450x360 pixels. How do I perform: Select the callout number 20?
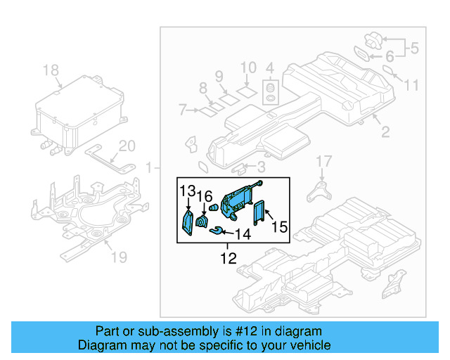(127, 146)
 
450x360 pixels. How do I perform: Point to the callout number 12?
(228, 259)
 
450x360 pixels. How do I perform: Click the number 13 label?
(187, 191)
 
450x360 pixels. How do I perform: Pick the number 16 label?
(204, 195)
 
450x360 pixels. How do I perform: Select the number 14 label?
(242, 233)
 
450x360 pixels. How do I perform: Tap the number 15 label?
(280, 227)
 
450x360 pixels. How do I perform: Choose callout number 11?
(411, 85)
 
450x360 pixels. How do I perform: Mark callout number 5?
(414, 49)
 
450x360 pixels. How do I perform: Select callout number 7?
(183, 110)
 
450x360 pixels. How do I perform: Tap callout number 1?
(149, 167)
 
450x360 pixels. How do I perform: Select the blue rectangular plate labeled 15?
(259, 212)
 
